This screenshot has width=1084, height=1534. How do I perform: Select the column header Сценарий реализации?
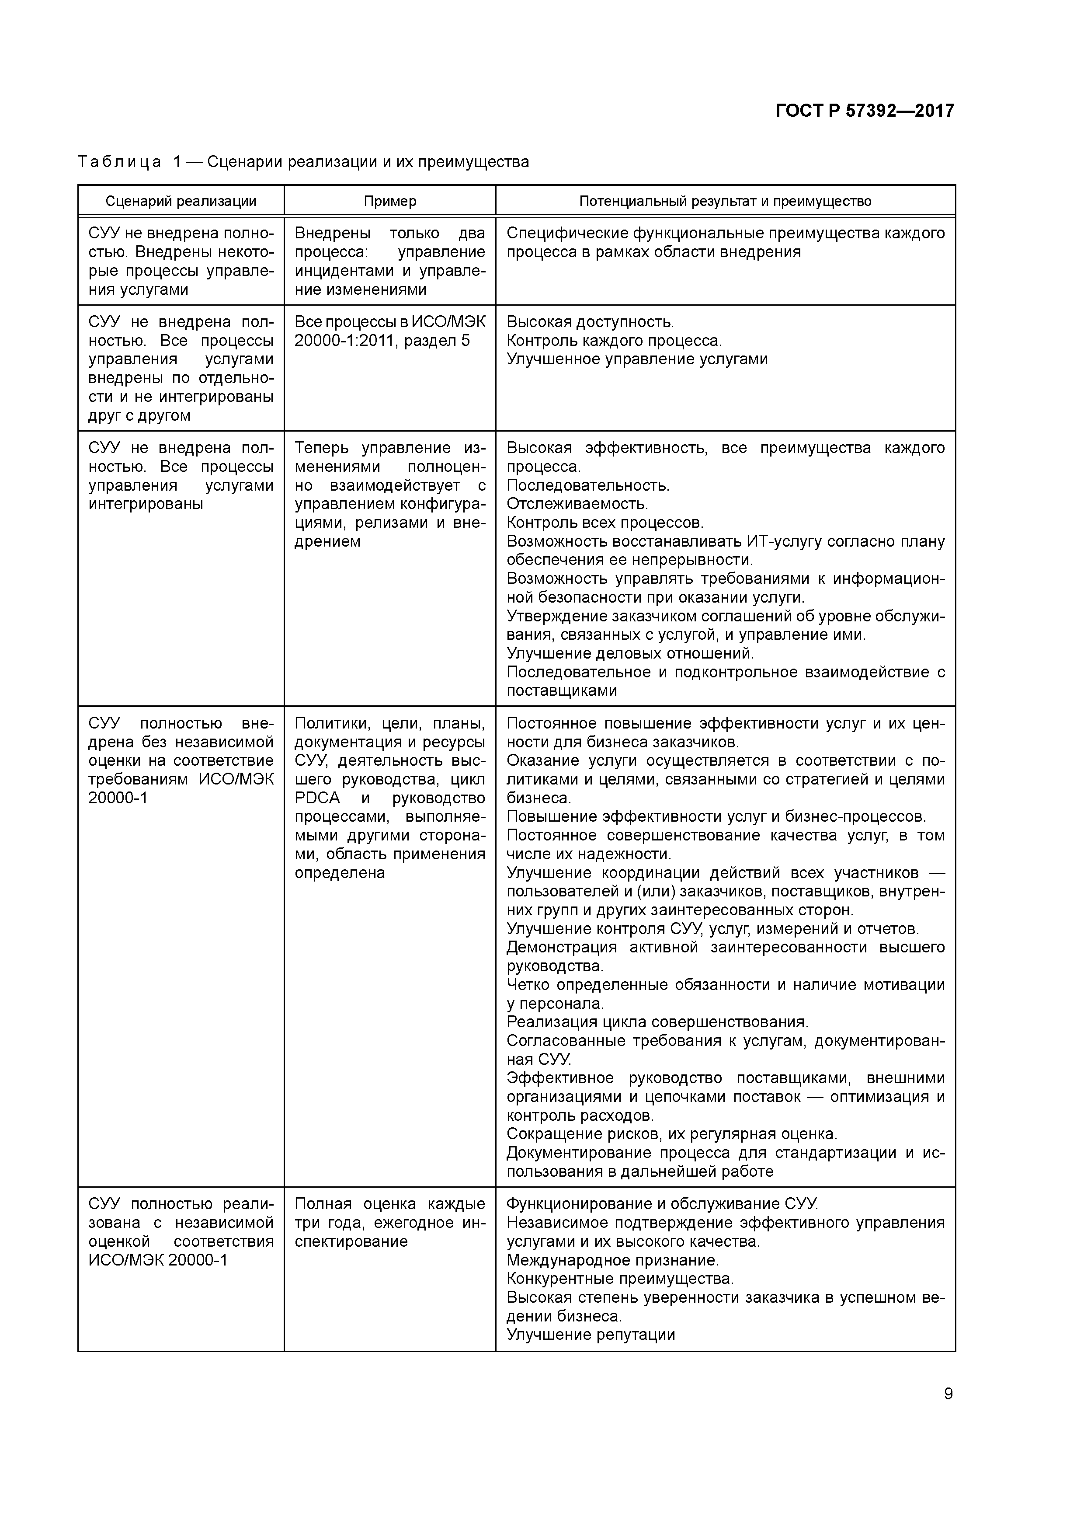point(181,201)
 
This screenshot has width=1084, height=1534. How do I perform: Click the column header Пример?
point(390,201)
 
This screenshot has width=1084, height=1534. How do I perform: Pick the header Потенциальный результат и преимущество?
point(725,201)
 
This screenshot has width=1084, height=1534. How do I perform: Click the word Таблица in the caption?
point(120,162)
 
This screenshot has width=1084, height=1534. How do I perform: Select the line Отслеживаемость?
point(577,504)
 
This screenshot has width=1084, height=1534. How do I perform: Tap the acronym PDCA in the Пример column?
point(317,798)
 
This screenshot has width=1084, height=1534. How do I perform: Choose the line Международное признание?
point(612,1259)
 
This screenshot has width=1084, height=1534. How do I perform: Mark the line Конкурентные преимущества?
point(620,1278)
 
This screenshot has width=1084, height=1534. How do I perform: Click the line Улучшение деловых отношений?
point(630,653)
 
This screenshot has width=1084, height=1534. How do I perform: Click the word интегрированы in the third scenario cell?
point(146,504)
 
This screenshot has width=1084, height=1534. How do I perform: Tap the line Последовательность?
point(588,485)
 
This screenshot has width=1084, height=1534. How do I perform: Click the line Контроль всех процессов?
point(605,523)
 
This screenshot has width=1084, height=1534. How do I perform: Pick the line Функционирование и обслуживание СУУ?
point(662,1203)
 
